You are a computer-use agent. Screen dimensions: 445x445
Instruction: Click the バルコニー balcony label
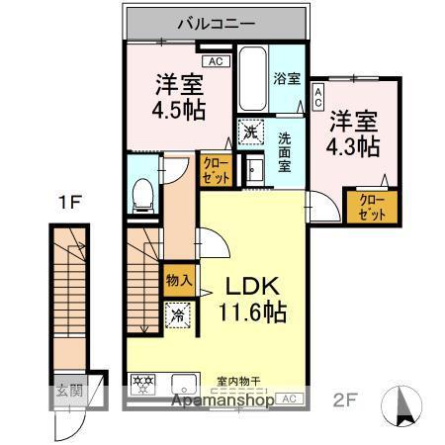[218, 22]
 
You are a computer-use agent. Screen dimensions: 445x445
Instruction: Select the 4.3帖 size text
[354, 146]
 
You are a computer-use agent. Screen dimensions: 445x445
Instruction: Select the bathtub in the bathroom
[252, 81]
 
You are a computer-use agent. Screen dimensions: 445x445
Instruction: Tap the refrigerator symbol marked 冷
[177, 316]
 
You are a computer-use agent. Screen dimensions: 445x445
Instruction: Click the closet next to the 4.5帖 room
[215, 170]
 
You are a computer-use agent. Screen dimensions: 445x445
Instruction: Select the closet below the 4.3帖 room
[372, 207]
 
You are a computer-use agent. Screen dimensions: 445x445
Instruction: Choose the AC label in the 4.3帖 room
[318, 97]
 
